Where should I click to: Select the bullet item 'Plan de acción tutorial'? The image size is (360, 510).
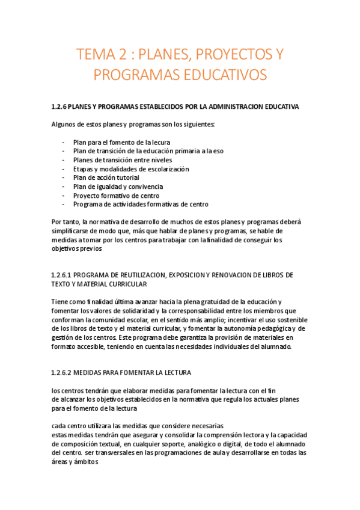coord(106,177)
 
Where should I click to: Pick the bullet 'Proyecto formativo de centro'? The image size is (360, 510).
coord(116,195)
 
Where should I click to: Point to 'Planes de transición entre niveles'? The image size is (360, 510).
coord(123,160)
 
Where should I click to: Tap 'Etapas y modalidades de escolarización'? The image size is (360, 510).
coord(131,169)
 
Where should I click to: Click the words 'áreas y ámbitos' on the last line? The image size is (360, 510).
coord(75,462)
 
